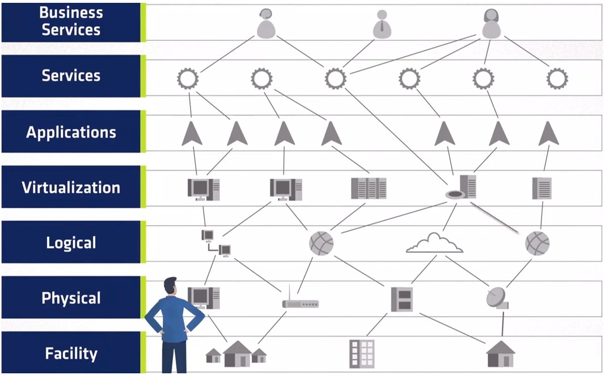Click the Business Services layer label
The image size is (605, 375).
[71, 22]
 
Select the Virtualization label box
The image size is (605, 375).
[71, 187]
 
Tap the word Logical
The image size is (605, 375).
[71, 243]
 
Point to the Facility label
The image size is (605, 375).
[71, 353]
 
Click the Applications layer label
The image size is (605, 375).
[71, 133]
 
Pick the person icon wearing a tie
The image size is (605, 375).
[382, 24]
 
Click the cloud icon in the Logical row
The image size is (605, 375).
[434, 243]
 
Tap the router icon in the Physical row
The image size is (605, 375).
[300, 302]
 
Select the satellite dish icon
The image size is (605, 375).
[497, 298]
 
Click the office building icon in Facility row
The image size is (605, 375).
[362, 353]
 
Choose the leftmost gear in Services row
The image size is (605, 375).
[188, 78]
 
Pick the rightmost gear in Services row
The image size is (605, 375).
[557, 78]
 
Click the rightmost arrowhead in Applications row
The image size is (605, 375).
[548, 134]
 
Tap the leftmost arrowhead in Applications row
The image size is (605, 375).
[192, 134]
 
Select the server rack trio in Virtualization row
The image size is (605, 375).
[369, 188]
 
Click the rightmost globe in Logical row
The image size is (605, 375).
[537, 243]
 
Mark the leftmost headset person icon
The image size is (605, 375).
[265, 24]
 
